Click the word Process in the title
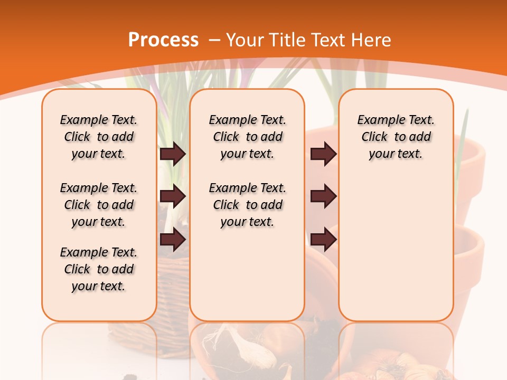point(163,40)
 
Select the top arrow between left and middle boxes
point(173,154)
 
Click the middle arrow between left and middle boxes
point(173,196)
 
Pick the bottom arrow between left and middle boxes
point(173,240)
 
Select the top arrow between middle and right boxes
point(323,154)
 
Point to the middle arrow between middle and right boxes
point(323,196)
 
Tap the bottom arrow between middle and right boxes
point(323,240)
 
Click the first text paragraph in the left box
point(99,137)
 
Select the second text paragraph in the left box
point(99,205)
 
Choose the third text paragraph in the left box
point(99,269)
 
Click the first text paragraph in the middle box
point(247,137)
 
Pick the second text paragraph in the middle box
point(247,205)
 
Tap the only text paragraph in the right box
point(396,137)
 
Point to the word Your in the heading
point(246,40)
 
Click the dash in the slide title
point(214,41)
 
